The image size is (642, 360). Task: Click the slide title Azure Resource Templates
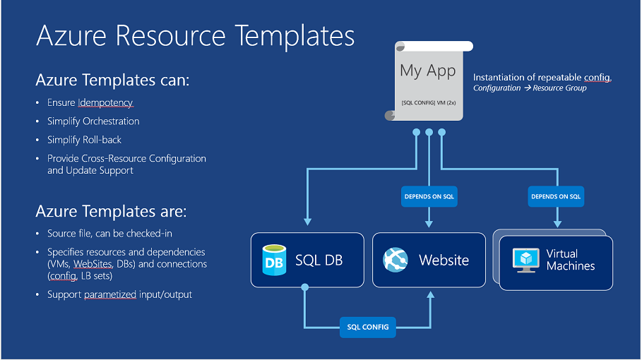pyautogui.click(x=195, y=35)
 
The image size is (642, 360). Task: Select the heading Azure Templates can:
pyautogui.click(x=112, y=80)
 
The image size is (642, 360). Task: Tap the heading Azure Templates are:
pyautogui.click(x=111, y=211)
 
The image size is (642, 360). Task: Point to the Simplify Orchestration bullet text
pyautogui.click(x=93, y=121)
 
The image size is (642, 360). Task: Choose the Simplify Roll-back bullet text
pyautogui.click(x=84, y=140)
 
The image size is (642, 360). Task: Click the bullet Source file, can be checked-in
pyautogui.click(x=109, y=234)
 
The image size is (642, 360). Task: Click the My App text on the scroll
pyautogui.click(x=427, y=71)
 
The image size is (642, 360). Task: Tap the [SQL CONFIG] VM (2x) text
pyautogui.click(x=428, y=102)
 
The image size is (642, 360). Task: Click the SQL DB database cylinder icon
pyautogui.click(x=273, y=259)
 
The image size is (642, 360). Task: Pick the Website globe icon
pyautogui.click(x=396, y=260)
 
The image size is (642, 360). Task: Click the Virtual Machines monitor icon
pyautogui.click(x=525, y=260)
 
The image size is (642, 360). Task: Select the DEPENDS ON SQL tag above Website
pyautogui.click(x=429, y=197)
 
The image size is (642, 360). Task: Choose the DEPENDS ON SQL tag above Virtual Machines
pyautogui.click(x=557, y=197)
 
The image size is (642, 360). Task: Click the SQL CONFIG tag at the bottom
pyautogui.click(x=367, y=327)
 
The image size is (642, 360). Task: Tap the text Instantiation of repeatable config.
pyautogui.click(x=542, y=77)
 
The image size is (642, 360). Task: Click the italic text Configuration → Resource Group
pyautogui.click(x=530, y=88)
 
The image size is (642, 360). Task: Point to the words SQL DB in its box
pyautogui.click(x=319, y=260)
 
